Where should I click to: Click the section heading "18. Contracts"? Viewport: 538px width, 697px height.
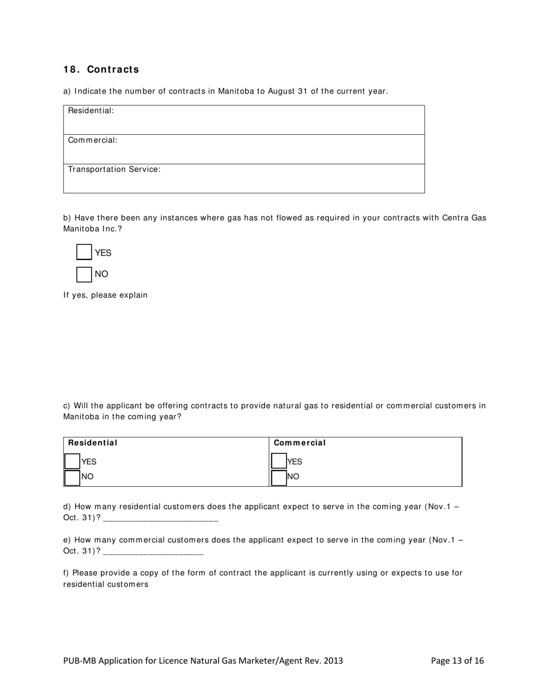click(x=101, y=70)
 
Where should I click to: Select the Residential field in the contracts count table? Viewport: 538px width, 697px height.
click(x=244, y=120)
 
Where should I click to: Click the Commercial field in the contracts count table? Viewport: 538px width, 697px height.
click(x=244, y=149)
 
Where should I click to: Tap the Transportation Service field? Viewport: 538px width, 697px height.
click(x=244, y=178)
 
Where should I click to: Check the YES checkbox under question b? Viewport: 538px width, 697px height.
click(x=84, y=253)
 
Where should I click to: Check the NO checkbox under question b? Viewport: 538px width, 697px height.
click(x=84, y=274)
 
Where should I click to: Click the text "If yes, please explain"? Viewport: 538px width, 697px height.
click(x=105, y=295)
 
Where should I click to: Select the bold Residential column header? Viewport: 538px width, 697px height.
click(x=93, y=443)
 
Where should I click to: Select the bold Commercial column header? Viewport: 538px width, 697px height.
click(x=300, y=443)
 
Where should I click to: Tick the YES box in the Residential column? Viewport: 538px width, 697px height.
click(x=72, y=461)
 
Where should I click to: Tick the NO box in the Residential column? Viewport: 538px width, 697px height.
click(x=72, y=477)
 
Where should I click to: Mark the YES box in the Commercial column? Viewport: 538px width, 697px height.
click(x=279, y=461)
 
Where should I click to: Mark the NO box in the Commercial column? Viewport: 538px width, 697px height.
click(x=279, y=477)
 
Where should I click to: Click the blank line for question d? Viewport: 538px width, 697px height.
click(x=161, y=518)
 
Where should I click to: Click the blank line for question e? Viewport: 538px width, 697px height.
click(x=153, y=551)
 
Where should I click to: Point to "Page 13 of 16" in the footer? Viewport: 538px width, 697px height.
click(x=457, y=661)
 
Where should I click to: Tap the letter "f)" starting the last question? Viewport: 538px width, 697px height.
click(x=66, y=573)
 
